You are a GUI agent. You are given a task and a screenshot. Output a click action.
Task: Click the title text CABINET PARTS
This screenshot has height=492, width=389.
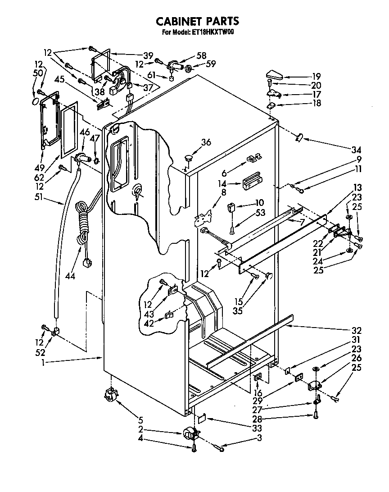197,21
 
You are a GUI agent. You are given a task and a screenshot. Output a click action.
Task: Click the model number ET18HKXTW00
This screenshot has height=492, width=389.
211,32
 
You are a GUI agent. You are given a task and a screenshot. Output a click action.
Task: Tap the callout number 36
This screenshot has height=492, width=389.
206,142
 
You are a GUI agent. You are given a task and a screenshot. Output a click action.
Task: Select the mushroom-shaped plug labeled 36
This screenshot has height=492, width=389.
188,158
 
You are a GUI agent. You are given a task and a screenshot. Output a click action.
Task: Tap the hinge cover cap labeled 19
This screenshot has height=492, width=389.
273,74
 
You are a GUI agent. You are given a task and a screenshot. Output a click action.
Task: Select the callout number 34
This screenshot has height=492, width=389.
357,150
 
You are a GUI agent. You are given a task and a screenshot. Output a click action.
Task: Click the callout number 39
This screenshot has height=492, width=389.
148,55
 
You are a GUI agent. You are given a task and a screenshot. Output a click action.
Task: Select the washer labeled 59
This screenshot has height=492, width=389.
189,68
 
